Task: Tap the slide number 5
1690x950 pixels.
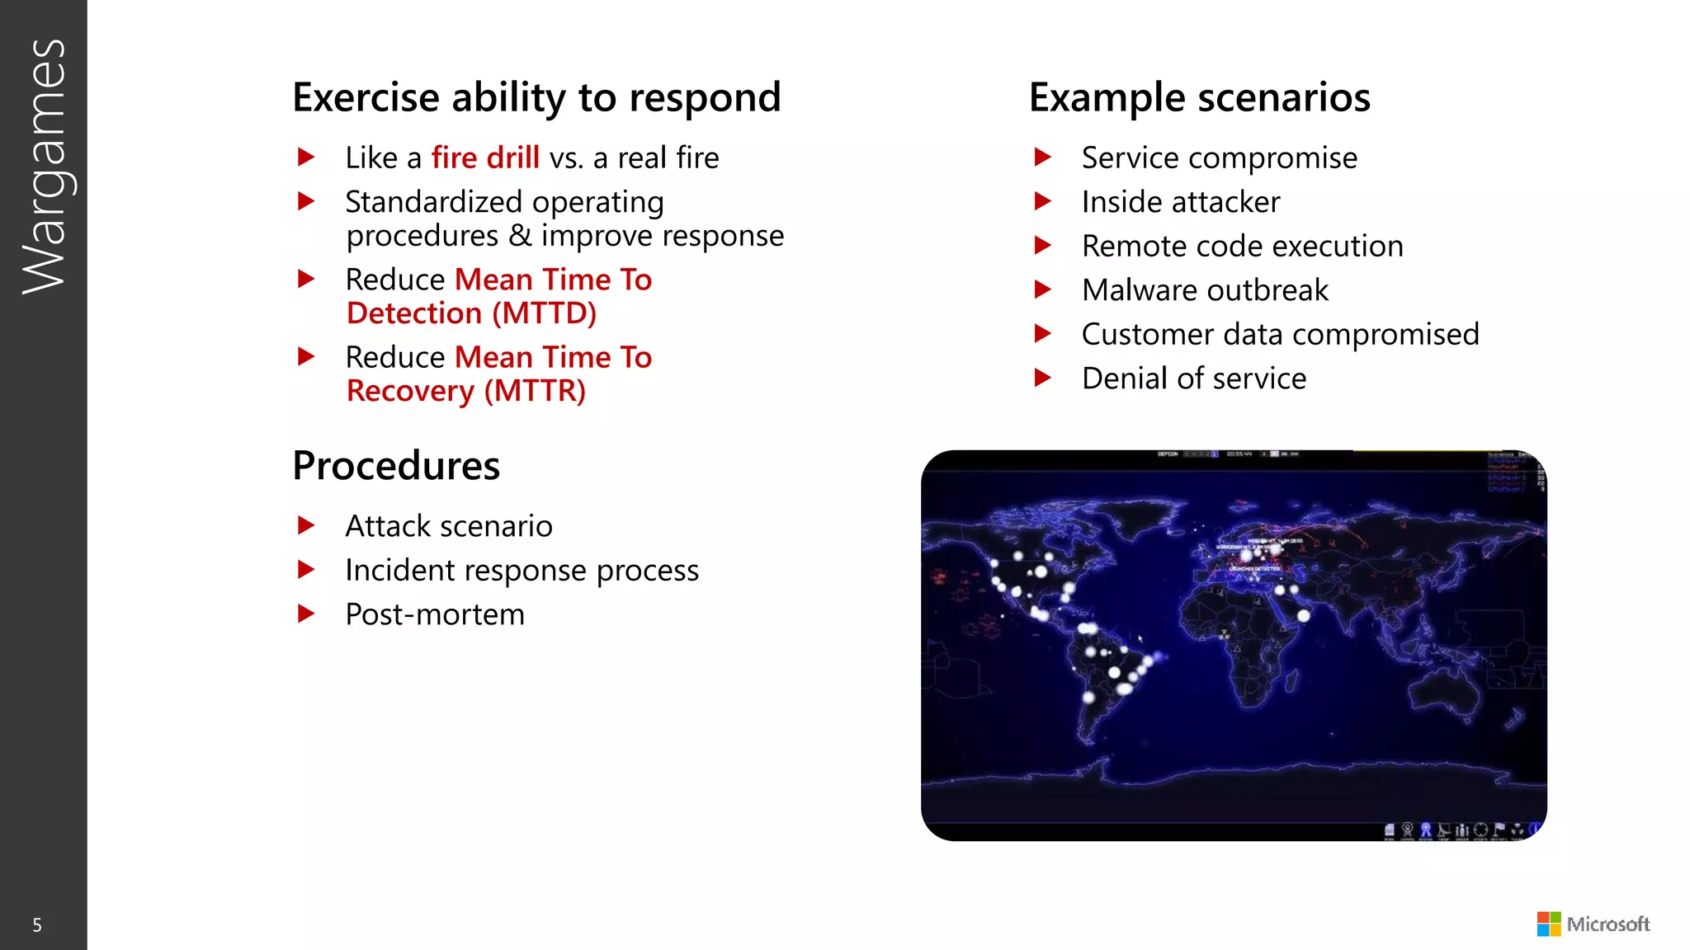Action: click(36, 925)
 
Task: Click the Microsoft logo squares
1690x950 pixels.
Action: click(1548, 924)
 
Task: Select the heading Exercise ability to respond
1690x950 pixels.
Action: click(536, 97)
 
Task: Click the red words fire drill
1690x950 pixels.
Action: click(485, 158)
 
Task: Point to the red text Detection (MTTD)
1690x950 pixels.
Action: click(471, 313)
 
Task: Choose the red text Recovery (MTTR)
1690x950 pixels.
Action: click(466, 391)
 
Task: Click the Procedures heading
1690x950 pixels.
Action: click(396, 466)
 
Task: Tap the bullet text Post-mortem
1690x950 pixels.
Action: click(435, 614)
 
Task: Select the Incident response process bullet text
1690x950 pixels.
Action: click(522, 571)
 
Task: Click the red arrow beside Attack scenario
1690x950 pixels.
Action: click(306, 525)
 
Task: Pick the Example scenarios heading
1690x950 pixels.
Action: click(1199, 97)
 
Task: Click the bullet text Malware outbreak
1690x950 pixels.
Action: click(1205, 290)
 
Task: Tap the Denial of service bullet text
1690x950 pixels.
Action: click(1194, 379)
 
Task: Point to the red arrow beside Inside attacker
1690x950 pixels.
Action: click(1043, 201)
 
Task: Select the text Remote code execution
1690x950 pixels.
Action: click(1242, 247)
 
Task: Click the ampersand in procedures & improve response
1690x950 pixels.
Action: click(520, 236)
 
